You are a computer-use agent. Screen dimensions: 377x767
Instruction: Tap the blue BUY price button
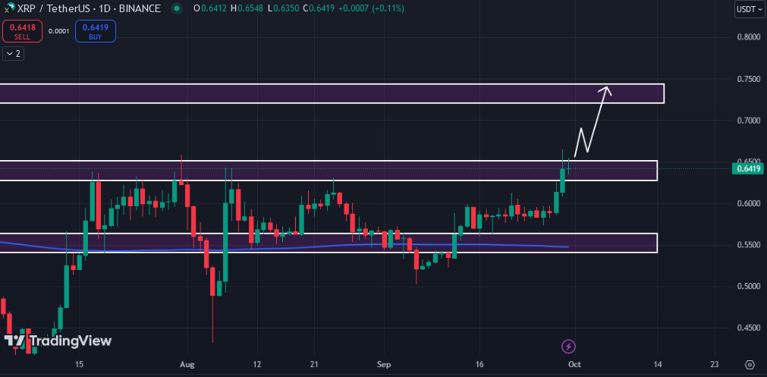(x=96, y=31)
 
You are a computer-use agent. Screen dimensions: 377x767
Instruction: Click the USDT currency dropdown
(x=749, y=9)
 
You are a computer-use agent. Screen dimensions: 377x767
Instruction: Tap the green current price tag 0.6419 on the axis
(x=748, y=168)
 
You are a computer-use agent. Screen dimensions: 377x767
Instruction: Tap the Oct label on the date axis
(x=574, y=365)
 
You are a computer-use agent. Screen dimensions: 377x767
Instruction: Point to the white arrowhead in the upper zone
(x=606, y=90)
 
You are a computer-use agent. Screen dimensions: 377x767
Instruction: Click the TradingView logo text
(x=69, y=341)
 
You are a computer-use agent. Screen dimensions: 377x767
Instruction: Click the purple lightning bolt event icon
(x=569, y=346)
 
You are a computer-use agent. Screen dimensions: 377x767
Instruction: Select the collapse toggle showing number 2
(x=13, y=53)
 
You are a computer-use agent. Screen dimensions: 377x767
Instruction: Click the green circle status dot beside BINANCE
(x=177, y=8)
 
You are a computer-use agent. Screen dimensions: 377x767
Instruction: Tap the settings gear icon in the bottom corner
(x=750, y=365)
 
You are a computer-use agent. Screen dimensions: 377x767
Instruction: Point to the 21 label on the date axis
(x=314, y=365)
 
